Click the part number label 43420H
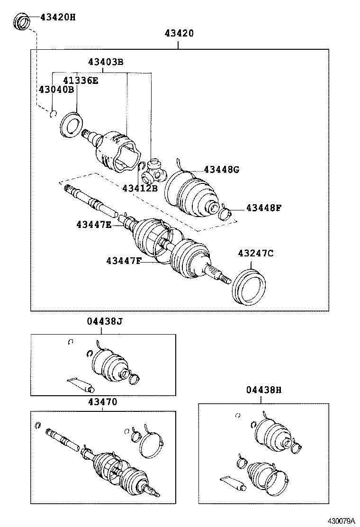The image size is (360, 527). (57, 18)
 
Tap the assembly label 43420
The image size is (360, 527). (179, 33)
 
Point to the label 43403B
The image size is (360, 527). (105, 62)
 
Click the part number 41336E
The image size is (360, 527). (81, 81)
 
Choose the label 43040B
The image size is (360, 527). (56, 90)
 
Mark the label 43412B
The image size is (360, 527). (139, 188)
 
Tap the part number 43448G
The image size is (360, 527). (221, 170)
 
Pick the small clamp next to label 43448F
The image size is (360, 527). (226, 214)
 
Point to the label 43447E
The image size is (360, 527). (93, 225)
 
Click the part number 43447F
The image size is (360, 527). (124, 261)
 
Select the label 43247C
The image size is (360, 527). (255, 254)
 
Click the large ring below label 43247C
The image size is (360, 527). (249, 286)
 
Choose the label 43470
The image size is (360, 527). (102, 402)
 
